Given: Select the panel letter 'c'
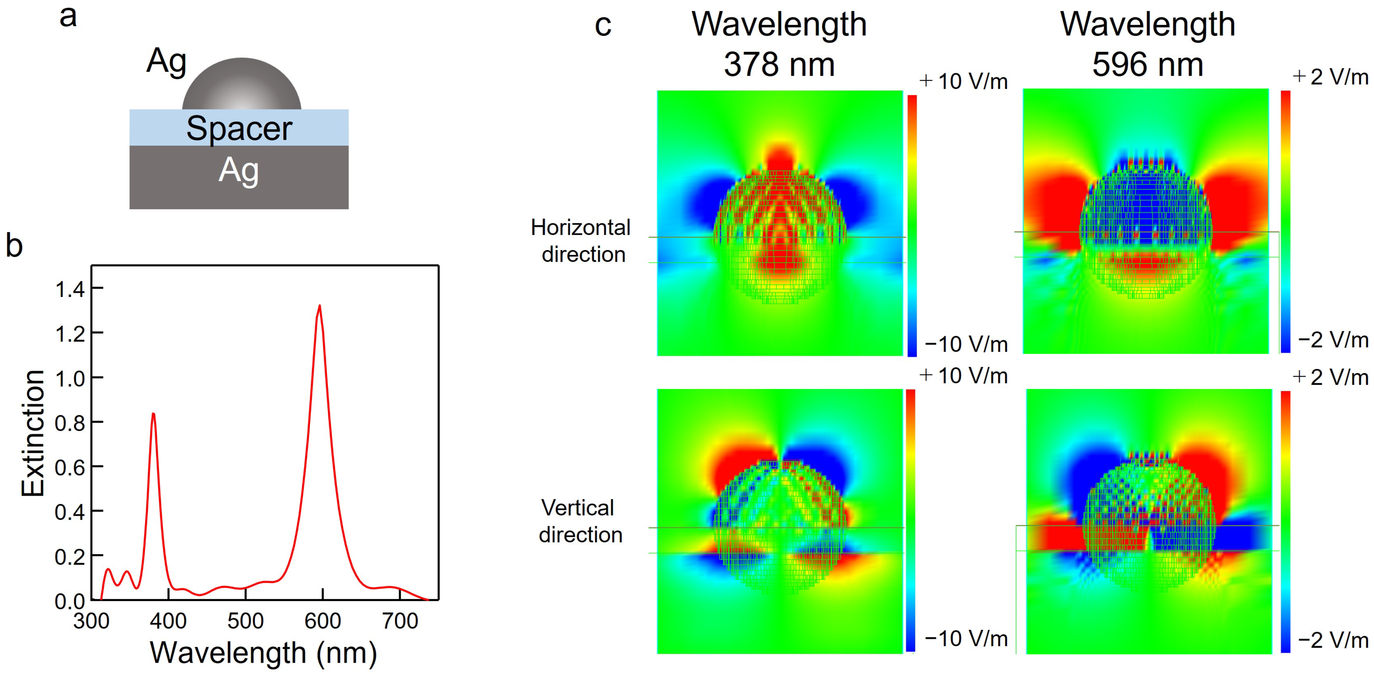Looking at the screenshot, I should (603, 25).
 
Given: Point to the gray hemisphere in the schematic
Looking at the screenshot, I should (242, 85).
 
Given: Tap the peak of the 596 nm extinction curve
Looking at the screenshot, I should (320, 306).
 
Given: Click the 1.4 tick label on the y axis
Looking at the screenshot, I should (70, 289).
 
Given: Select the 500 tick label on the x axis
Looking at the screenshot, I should (245, 621).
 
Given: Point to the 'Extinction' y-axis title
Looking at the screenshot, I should (33, 433).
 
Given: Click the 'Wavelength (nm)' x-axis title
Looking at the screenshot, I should (264, 653).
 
